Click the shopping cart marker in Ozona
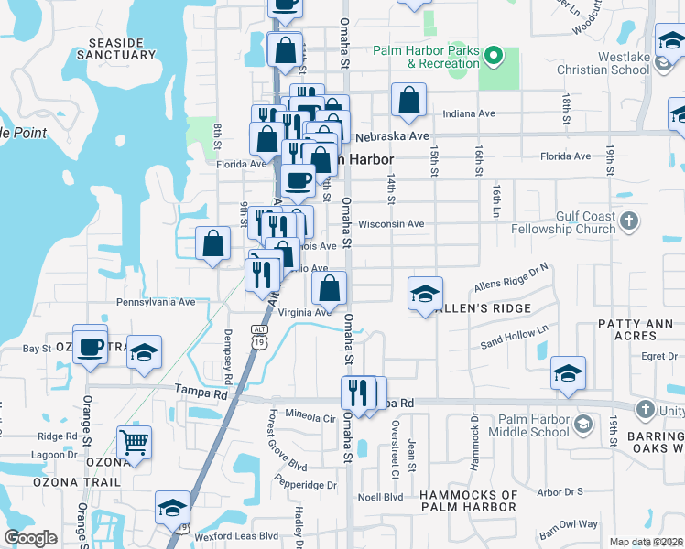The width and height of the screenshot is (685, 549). point(134,443)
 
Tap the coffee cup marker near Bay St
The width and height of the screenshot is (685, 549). point(91,346)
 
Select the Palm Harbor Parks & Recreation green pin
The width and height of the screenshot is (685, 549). point(494,57)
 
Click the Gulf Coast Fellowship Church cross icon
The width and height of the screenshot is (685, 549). point(628,221)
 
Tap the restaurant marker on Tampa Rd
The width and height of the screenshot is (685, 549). point(358,393)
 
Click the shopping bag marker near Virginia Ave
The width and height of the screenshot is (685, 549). point(329,288)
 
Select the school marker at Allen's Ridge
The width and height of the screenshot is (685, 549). point(425,294)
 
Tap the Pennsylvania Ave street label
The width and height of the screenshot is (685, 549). point(156,301)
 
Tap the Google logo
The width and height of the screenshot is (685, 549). point(31,538)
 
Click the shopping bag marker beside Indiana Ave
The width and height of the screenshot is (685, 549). point(408,101)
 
